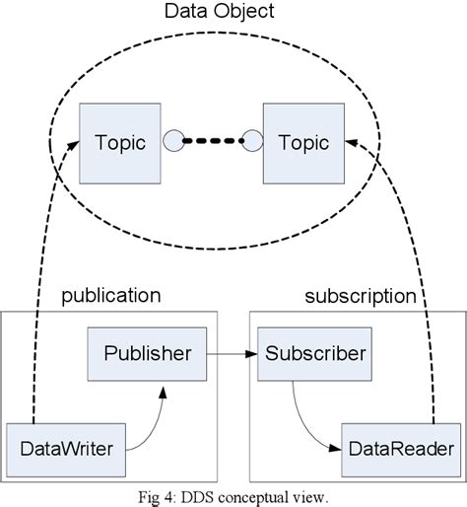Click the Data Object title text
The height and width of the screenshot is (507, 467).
click(x=220, y=13)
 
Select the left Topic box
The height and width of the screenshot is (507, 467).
click(x=120, y=142)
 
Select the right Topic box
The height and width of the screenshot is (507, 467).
click(x=302, y=142)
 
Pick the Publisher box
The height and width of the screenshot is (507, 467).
click(x=147, y=352)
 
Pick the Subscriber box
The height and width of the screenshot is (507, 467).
click(x=313, y=352)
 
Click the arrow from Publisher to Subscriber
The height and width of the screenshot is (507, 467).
click(x=232, y=352)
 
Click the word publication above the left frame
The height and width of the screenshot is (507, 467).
click(x=110, y=295)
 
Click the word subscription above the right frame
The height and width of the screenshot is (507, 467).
click(x=360, y=295)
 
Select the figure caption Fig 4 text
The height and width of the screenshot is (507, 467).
click(x=233, y=496)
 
